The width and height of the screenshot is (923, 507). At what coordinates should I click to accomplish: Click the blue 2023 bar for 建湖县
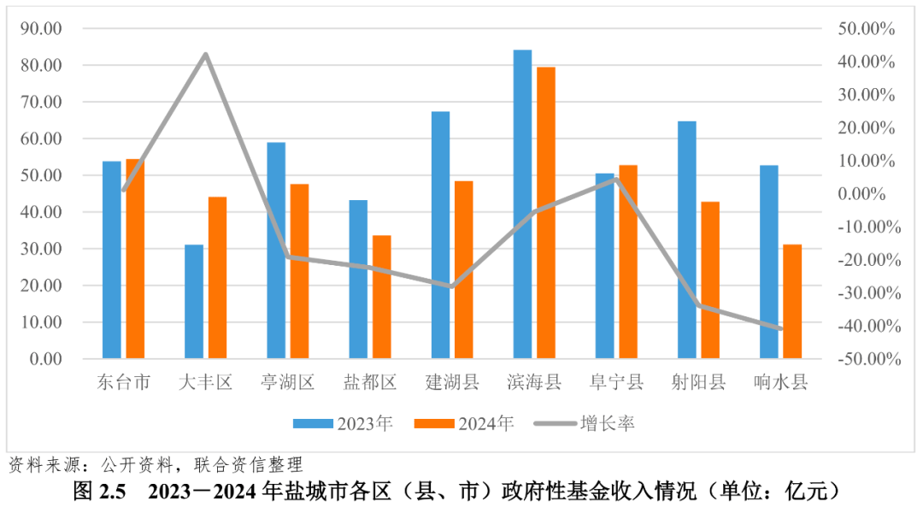[440, 234]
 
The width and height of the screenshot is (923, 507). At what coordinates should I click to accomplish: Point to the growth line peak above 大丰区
[206, 55]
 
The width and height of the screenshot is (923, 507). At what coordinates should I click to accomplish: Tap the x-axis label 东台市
[123, 382]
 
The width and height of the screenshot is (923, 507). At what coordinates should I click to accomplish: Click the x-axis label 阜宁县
[616, 382]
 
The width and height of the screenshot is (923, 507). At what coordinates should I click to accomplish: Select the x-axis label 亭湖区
[288, 382]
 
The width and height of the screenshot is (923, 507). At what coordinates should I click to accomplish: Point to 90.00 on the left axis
[41, 28]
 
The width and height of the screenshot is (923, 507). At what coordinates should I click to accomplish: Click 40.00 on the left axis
[41, 212]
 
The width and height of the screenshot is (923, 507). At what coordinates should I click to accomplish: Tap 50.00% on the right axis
[866, 29]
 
